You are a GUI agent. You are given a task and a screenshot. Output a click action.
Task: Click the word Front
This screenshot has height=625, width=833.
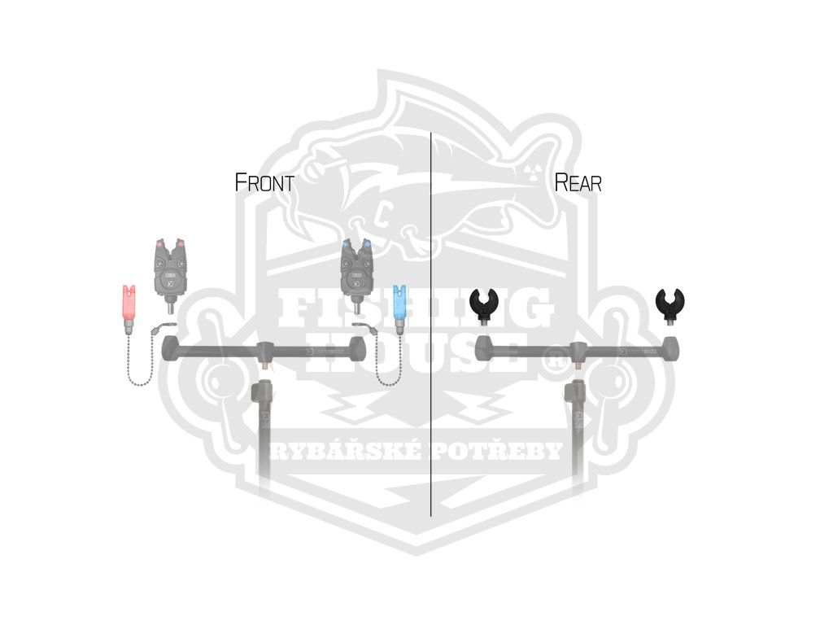click(x=264, y=182)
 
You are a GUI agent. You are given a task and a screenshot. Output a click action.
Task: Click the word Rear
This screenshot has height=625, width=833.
click(x=578, y=182)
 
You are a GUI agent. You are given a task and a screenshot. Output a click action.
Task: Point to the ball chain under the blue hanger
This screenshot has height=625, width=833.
click(x=390, y=366)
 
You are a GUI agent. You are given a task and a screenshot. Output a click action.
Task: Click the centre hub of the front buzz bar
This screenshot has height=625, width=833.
click(x=264, y=352)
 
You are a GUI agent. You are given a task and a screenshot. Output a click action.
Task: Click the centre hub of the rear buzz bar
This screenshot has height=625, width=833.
click(x=578, y=352)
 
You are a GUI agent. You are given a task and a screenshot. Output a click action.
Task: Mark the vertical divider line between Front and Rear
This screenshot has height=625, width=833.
click(x=430, y=326)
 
